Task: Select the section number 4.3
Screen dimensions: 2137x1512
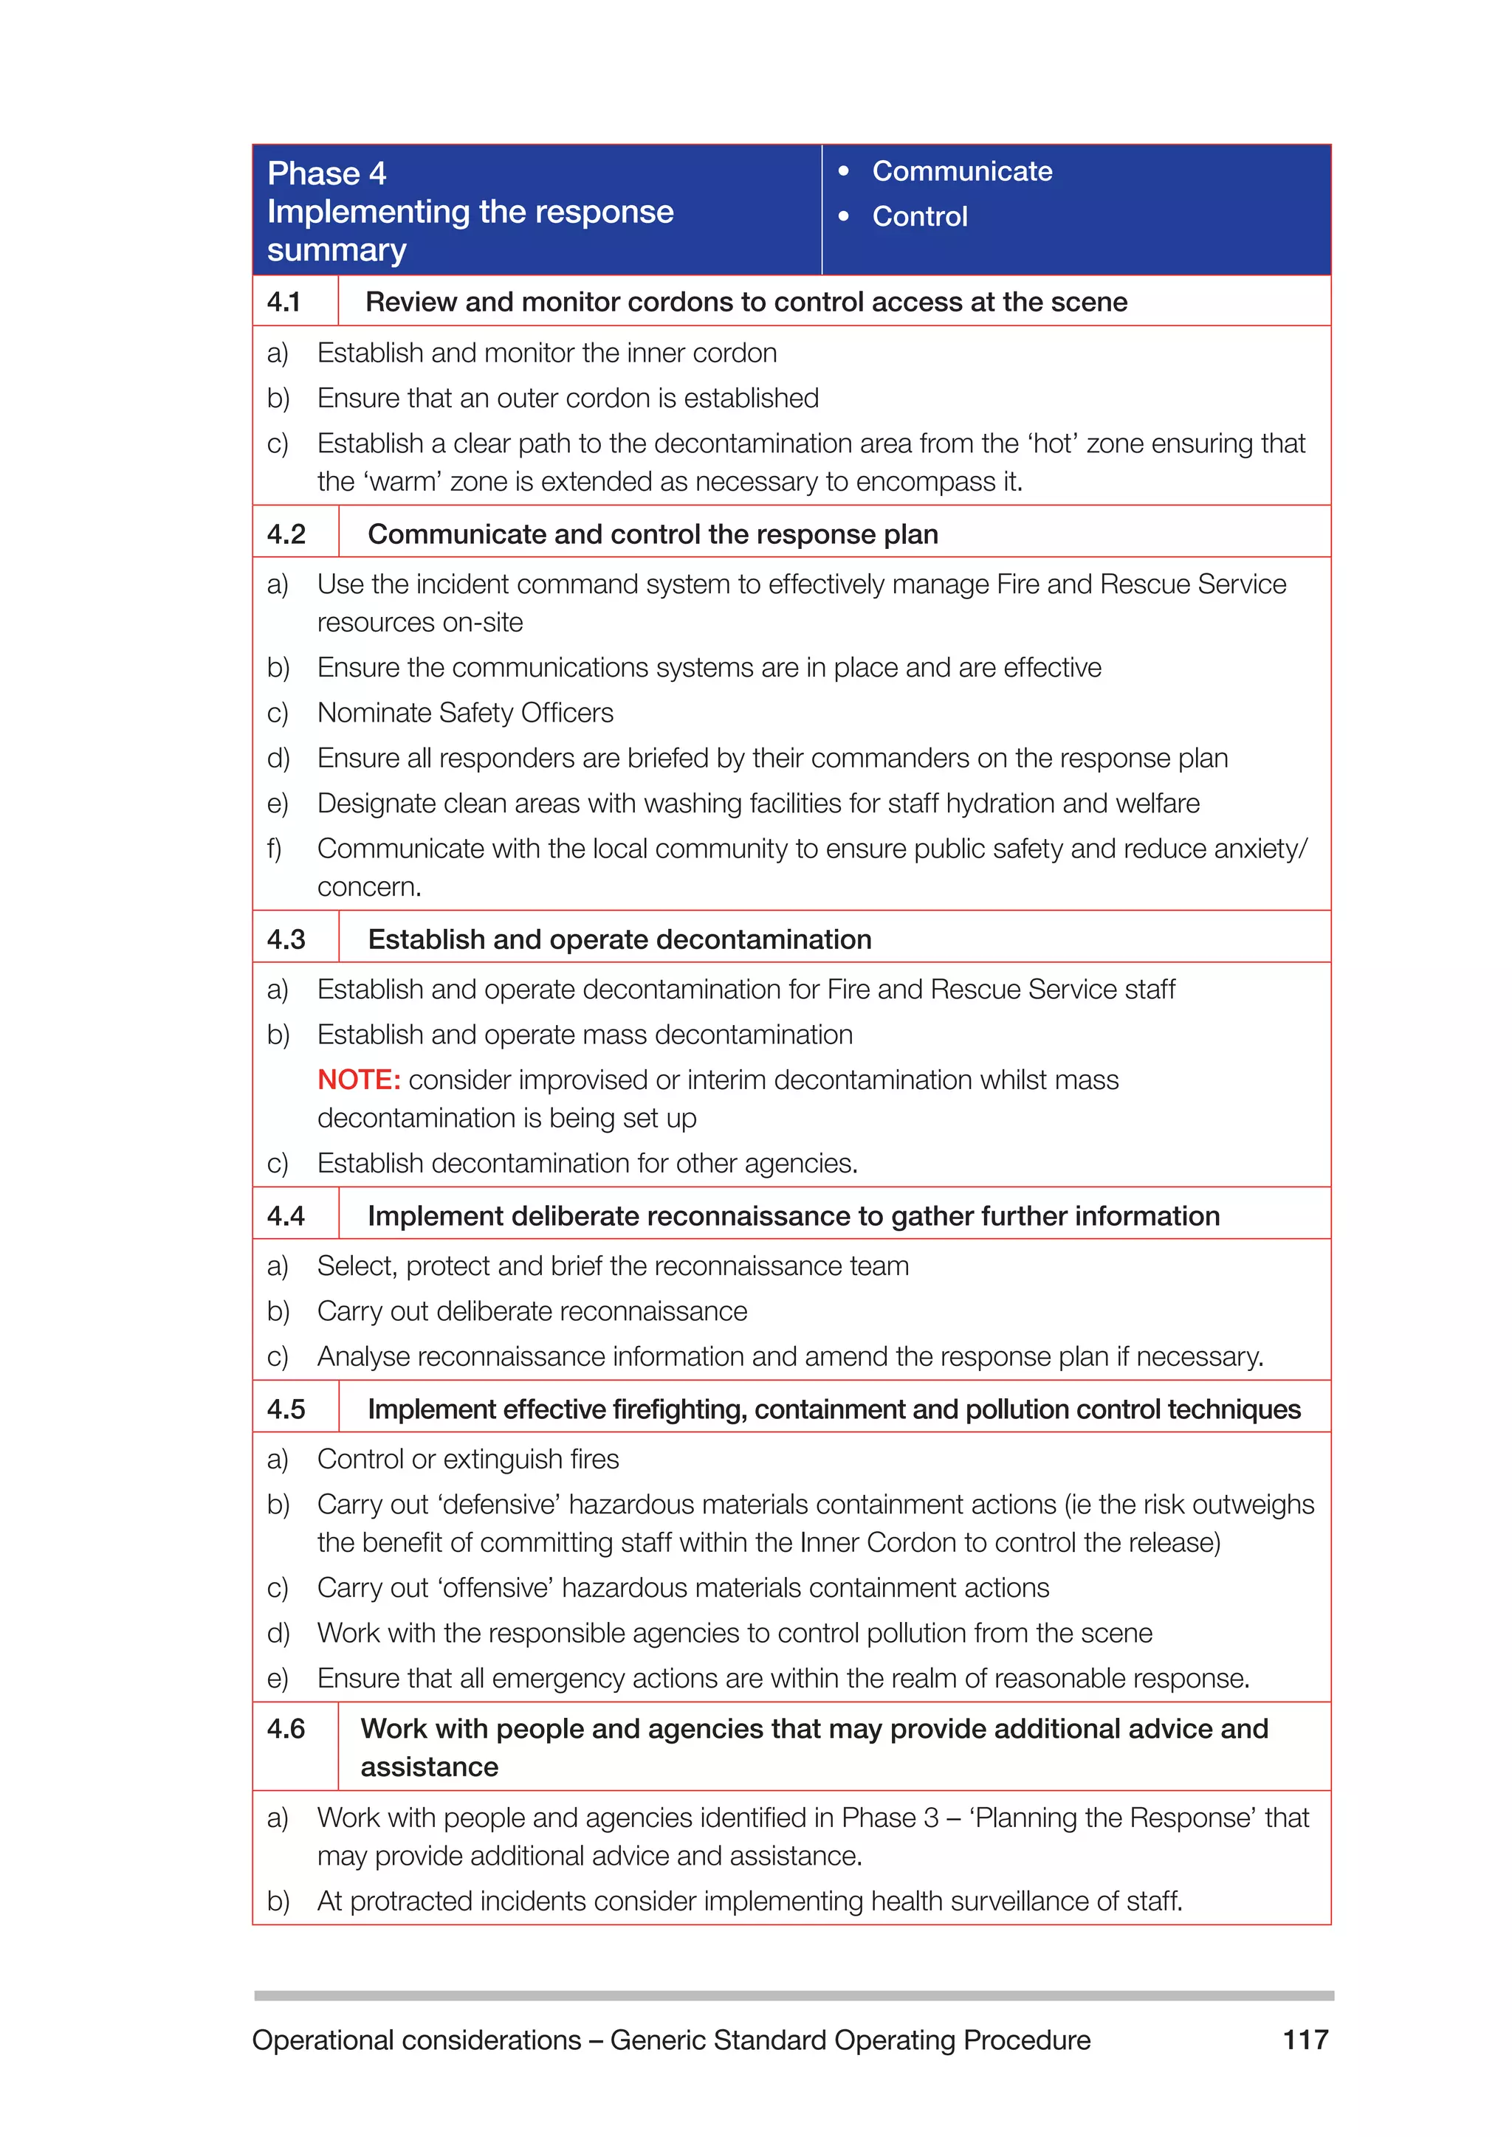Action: [286, 939]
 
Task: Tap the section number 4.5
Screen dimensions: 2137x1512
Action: [286, 1409]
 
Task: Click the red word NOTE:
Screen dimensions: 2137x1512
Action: [359, 1080]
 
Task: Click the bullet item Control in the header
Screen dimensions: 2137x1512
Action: [920, 216]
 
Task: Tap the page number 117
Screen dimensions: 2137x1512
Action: [1305, 2040]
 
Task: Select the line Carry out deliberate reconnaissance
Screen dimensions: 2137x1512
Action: [532, 1311]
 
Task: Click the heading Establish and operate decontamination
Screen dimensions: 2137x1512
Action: [619, 939]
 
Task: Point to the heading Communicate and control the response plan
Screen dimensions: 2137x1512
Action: [653, 534]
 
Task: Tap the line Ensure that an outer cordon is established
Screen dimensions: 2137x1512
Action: [567, 398]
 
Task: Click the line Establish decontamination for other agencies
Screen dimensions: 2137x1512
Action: [586, 1164]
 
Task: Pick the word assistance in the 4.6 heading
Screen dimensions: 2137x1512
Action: [429, 1767]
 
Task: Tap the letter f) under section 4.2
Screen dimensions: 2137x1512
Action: [275, 849]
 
